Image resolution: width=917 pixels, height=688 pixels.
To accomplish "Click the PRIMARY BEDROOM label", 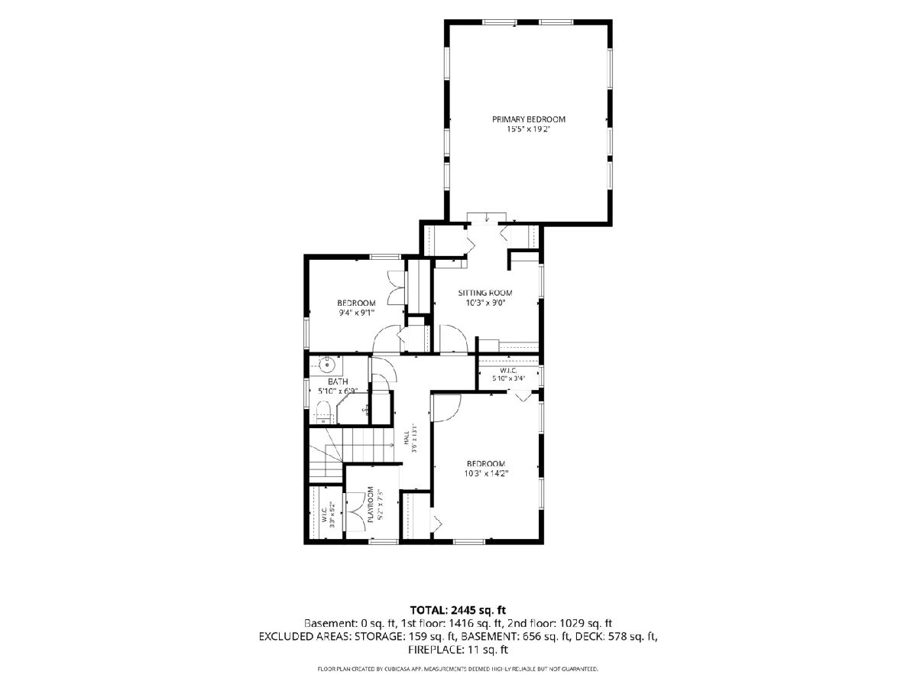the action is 529,119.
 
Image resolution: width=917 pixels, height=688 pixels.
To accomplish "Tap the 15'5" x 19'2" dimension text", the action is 528,129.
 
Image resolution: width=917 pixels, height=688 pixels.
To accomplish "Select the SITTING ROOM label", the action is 485,293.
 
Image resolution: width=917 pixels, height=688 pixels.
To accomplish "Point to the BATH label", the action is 338,381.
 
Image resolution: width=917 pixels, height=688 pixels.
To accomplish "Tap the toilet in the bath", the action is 323,412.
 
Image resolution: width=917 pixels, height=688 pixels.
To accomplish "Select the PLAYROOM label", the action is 370,505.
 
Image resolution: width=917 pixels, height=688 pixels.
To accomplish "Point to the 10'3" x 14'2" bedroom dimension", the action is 486,474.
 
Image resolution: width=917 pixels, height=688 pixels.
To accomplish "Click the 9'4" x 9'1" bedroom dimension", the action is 356,313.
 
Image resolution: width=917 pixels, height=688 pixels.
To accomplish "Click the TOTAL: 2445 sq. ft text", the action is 458,610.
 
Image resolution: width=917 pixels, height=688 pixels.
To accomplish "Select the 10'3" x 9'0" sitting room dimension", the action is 485,303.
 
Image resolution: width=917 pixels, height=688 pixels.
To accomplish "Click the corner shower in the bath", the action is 353,408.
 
